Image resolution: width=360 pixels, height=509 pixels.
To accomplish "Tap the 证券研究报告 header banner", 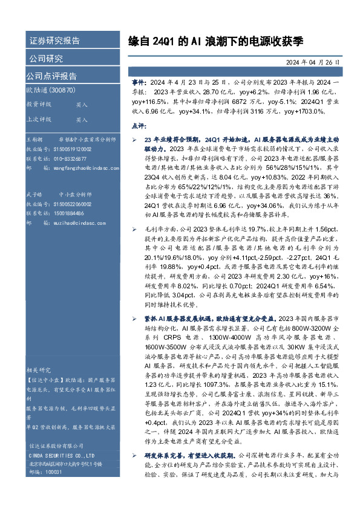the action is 54,41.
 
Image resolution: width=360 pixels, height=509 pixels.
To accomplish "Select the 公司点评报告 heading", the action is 51,76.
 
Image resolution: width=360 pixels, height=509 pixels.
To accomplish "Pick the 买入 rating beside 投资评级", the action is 82,105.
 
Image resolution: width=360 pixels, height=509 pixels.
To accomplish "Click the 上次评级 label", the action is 38,120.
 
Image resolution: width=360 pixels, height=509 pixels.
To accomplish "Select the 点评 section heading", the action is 139,125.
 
